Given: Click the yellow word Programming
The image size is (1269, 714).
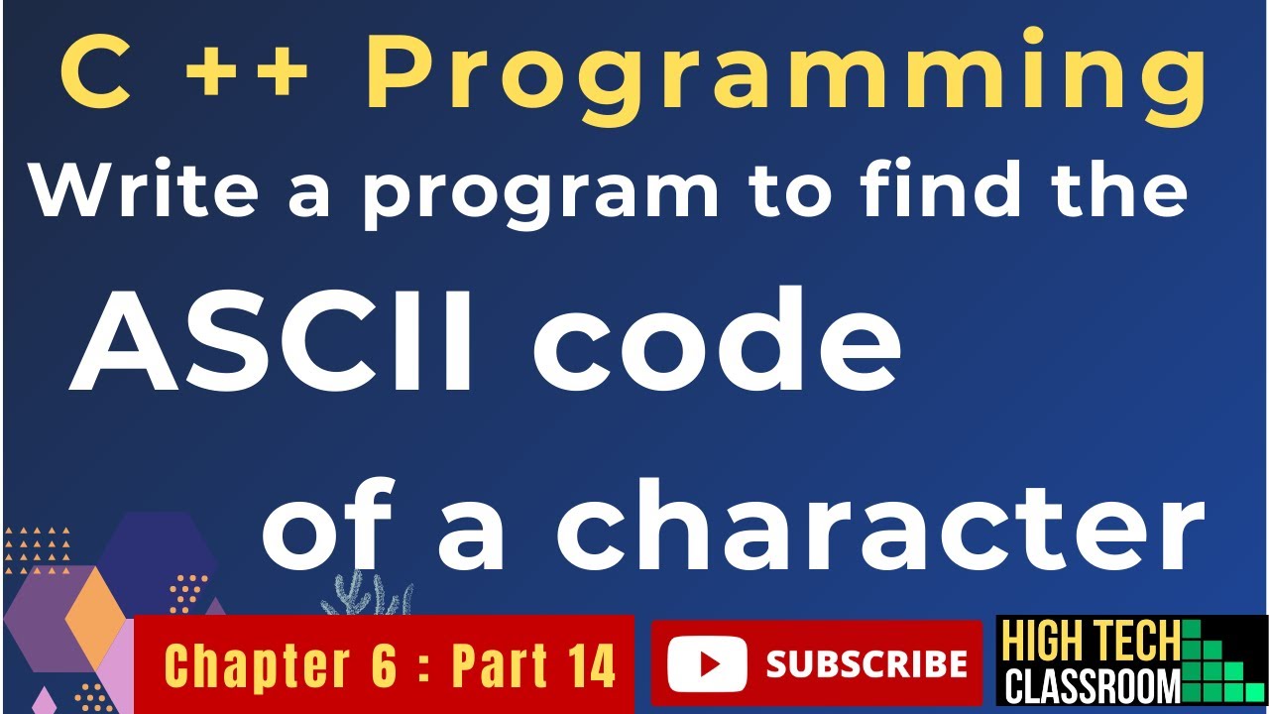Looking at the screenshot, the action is coord(787,78).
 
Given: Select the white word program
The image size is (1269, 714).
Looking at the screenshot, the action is coord(541,196).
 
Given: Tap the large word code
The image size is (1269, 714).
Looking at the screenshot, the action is coord(717,340).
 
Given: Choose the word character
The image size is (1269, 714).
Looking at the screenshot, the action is coord(881,524).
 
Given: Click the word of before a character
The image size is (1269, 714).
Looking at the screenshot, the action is coord(328,524).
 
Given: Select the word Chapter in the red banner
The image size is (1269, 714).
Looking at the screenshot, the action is coord(257,664).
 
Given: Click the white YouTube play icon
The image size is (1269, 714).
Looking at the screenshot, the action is coord(707,664).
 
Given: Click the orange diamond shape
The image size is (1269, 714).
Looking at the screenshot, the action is coord(95,620).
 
